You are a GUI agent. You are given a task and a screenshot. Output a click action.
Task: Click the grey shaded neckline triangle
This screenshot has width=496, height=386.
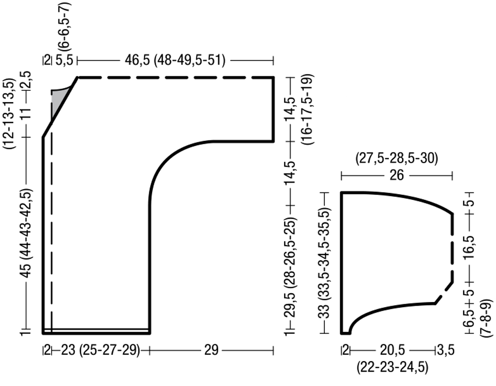click(59, 101)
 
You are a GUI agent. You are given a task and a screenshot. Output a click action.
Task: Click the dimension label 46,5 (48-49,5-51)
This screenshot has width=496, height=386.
click(175, 60)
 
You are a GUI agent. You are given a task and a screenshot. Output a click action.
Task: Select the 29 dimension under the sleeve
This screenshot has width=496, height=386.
click(211, 351)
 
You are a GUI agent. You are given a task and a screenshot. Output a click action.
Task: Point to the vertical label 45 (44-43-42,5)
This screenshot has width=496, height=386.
click(27, 234)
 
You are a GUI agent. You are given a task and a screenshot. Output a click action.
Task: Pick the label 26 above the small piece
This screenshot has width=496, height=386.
click(397, 175)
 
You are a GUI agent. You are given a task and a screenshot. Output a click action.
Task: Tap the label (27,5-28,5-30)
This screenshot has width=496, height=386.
click(397, 159)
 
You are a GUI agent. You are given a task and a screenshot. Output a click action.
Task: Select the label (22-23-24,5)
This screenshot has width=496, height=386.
click(392, 367)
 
